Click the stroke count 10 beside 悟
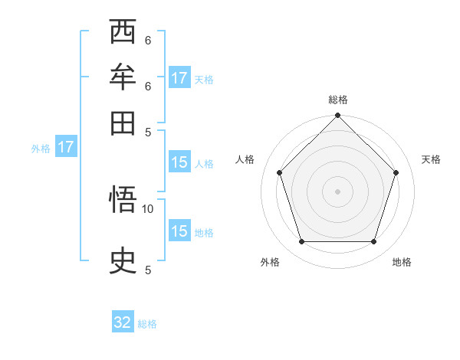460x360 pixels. (x=148, y=208)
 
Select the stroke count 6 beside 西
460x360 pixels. (x=148, y=40)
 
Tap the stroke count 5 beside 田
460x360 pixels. (x=148, y=131)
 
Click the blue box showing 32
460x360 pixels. (x=123, y=323)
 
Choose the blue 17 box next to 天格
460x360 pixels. (x=179, y=78)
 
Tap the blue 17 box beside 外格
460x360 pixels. (x=66, y=147)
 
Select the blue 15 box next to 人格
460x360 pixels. (x=179, y=162)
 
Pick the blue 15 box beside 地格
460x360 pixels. (x=179, y=231)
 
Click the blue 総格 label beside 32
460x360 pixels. (x=148, y=324)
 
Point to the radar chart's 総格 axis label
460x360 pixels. (x=338, y=100)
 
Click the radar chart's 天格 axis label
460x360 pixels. (x=432, y=159)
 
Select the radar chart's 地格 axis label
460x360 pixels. (x=402, y=262)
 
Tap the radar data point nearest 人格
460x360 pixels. (x=280, y=172)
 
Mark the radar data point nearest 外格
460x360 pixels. (x=301, y=242)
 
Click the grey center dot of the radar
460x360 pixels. (x=338, y=191)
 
